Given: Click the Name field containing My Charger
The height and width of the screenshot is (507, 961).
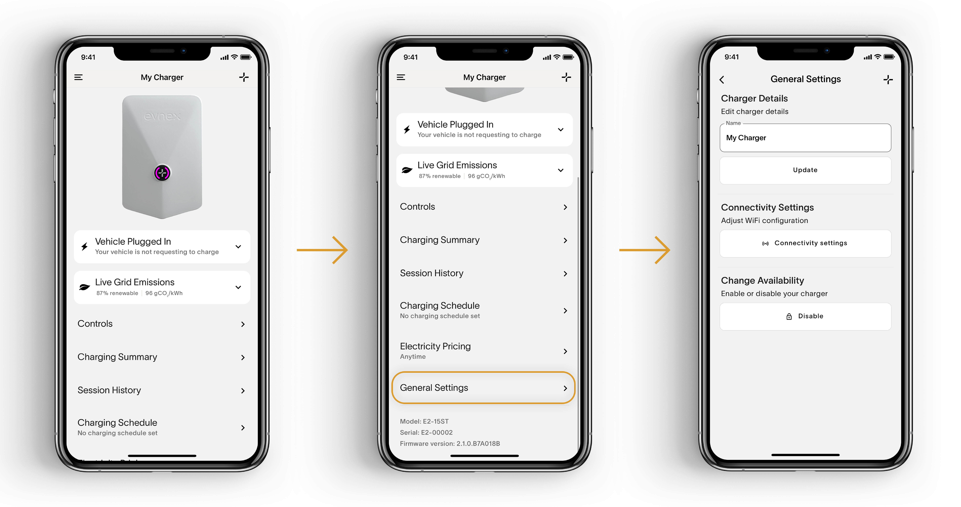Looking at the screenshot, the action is pyautogui.click(x=805, y=138).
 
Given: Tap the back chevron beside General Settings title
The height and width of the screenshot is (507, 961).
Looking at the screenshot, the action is pyautogui.click(x=722, y=79).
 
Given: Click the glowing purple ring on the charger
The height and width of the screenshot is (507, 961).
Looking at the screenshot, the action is pyautogui.click(x=162, y=173).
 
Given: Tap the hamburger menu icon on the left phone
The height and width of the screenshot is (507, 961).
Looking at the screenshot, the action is pyautogui.click(x=78, y=77).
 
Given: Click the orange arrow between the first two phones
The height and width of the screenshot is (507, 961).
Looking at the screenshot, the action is pyautogui.click(x=322, y=250).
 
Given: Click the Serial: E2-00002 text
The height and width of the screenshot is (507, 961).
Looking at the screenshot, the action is pyautogui.click(x=426, y=432).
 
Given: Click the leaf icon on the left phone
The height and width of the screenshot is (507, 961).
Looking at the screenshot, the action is pyautogui.click(x=85, y=287).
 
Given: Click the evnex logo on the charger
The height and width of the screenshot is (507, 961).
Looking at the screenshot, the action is pyautogui.click(x=162, y=116).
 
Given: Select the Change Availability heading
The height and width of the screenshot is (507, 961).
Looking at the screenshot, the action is pyautogui.click(x=762, y=281).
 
